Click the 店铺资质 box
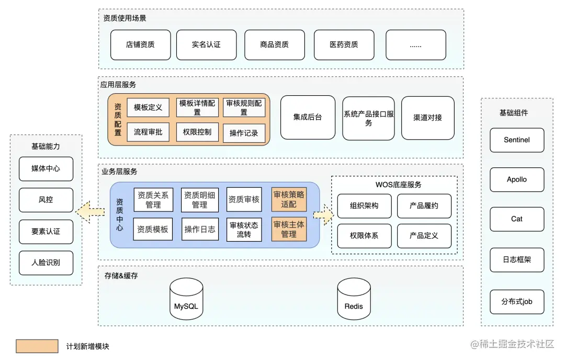point(140,45)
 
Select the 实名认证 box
point(207,45)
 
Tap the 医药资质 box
point(344,45)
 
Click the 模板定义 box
point(148,108)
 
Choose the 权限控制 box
point(197,132)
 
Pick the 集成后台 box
point(308,118)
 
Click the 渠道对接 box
point(427,118)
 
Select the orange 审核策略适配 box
point(289,199)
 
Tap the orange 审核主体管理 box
point(289,229)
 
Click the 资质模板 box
point(153,229)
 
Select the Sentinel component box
point(516,140)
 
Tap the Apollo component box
point(516,179)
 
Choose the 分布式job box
point(516,302)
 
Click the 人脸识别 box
point(46,263)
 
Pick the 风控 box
point(46,200)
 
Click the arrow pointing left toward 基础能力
point(89,212)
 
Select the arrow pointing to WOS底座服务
point(323,215)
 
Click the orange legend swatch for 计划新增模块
point(37,346)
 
